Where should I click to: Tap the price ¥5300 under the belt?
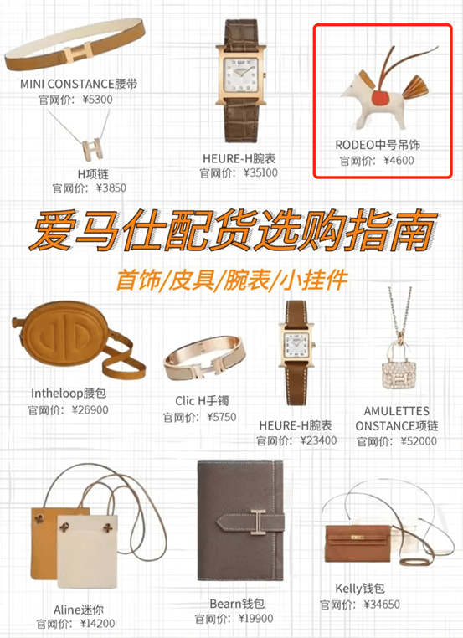click(98, 100)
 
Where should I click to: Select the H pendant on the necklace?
click(93, 149)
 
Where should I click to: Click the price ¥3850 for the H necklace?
click(111, 188)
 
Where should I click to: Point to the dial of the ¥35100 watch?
click(241, 76)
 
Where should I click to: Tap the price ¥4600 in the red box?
click(399, 161)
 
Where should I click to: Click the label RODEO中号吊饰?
click(378, 145)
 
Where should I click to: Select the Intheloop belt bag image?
click(77, 341)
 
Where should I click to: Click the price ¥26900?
click(90, 409)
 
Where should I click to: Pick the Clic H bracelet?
click(205, 359)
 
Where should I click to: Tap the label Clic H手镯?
click(202, 401)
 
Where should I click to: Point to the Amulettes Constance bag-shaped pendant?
click(396, 368)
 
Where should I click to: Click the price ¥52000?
click(419, 441)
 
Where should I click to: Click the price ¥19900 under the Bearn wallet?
click(256, 619)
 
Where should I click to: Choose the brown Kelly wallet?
click(358, 543)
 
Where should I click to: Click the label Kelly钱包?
click(360, 589)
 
